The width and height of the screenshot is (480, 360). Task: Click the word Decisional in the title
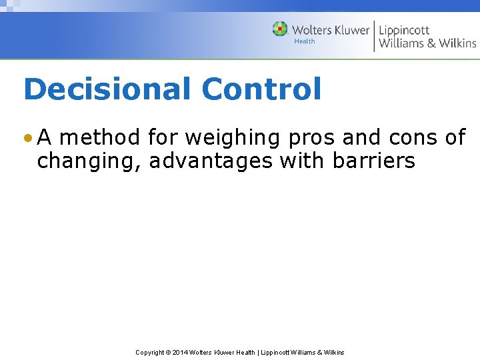[x=107, y=89]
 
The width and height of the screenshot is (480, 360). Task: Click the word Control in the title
[x=261, y=89]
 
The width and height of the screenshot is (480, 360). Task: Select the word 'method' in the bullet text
[x=100, y=137]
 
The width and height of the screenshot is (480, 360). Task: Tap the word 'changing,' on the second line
[x=89, y=161]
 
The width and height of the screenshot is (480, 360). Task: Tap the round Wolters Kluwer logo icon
[x=280, y=29]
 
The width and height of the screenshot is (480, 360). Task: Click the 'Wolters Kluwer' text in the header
[x=330, y=30]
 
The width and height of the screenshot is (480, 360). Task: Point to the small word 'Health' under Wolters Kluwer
[x=305, y=41]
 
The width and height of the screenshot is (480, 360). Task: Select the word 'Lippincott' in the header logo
[x=405, y=31]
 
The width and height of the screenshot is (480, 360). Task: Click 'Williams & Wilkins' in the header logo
[x=427, y=44]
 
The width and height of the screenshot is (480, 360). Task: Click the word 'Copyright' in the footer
[x=150, y=353]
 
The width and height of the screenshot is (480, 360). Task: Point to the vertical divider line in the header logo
[x=374, y=36]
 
